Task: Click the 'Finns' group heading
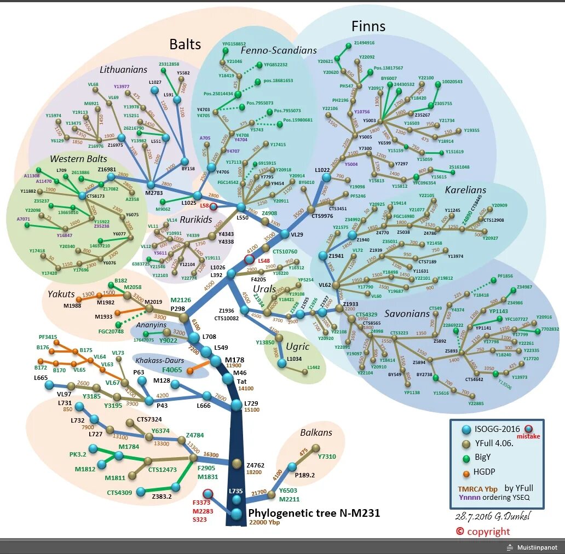[x=368, y=26]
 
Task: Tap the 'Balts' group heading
[x=185, y=44]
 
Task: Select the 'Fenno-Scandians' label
[x=279, y=50]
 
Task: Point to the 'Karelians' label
[x=465, y=190]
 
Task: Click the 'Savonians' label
[x=407, y=314]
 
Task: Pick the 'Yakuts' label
[x=61, y=293]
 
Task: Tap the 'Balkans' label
[x=316, y=432]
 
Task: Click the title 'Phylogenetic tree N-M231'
[x=314, y=513]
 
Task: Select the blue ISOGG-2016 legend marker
[x=466, y=430]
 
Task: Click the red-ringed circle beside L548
[x=249, y=259]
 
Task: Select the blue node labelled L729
[x=236, y=405]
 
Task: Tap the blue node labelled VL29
[x=284, y=234]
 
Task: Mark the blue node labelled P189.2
[x=292, y=466]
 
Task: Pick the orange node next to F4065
[x=190, y=371]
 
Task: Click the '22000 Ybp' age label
[x=264, y=523]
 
